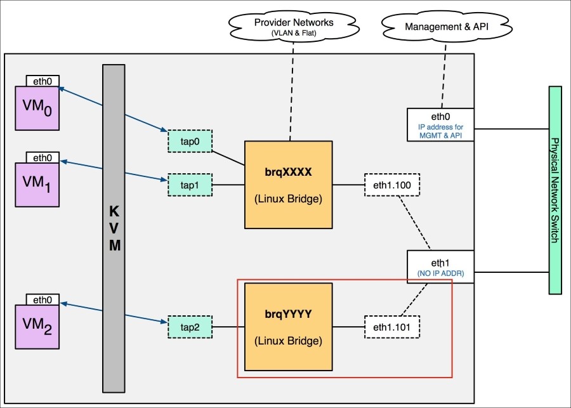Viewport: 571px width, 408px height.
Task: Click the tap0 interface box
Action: point(189,141)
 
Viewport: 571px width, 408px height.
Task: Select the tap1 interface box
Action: point(189,185)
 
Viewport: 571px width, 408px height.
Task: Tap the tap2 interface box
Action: point(189,327)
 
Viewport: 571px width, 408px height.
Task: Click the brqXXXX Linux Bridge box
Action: point(289,185)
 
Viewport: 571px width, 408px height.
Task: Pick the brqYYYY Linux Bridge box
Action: point(289,327)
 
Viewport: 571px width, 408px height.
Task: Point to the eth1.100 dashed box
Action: point(392,185)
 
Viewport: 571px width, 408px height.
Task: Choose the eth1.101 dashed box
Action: point(392,327)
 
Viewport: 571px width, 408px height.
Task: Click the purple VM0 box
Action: point(37,109)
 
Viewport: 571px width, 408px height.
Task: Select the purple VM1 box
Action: point(37,184)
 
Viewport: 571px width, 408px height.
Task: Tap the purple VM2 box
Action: point(37,326)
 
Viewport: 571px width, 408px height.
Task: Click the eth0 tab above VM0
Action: point(43,81)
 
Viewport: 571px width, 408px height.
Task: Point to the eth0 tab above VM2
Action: point(43,299)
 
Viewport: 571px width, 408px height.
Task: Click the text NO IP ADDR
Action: point(441,273)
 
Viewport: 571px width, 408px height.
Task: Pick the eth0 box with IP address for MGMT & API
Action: point(441,124)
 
